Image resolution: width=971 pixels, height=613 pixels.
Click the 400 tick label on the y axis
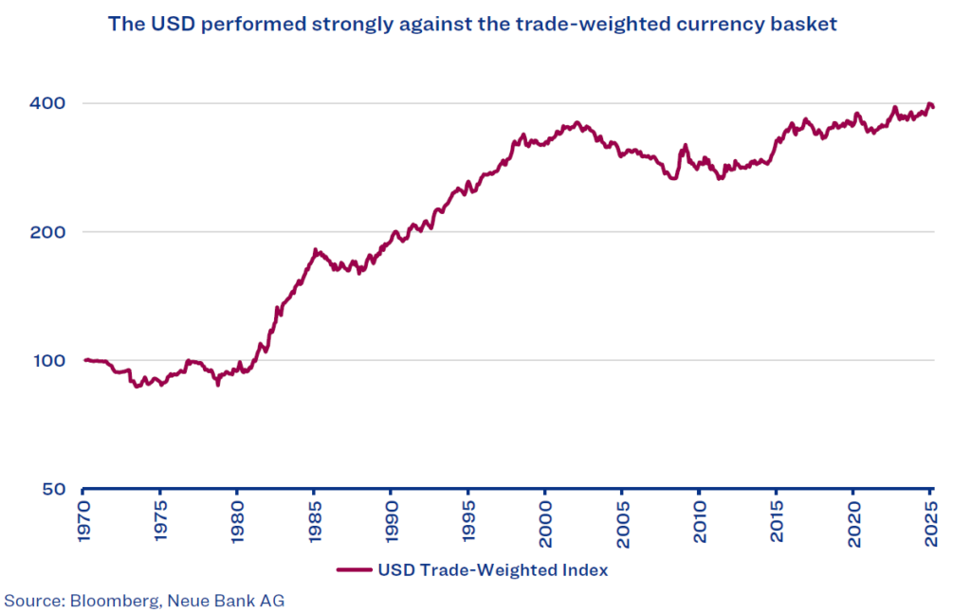(x=46, y=103)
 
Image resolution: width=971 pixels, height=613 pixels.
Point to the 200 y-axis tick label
(x=46, y=232)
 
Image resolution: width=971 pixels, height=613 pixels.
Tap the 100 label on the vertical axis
(x=46, y=361)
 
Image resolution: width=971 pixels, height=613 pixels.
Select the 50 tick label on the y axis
(x=51, y=490)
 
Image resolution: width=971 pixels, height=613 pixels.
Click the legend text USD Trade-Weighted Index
(x=492, y=570)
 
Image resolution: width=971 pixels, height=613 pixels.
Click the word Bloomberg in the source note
(x=105, y=600)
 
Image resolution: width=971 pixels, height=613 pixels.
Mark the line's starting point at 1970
(x=84, y=360)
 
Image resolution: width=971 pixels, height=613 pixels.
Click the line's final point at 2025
(x=933, y=107)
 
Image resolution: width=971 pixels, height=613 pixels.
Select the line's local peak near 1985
(x=315, y=250)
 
